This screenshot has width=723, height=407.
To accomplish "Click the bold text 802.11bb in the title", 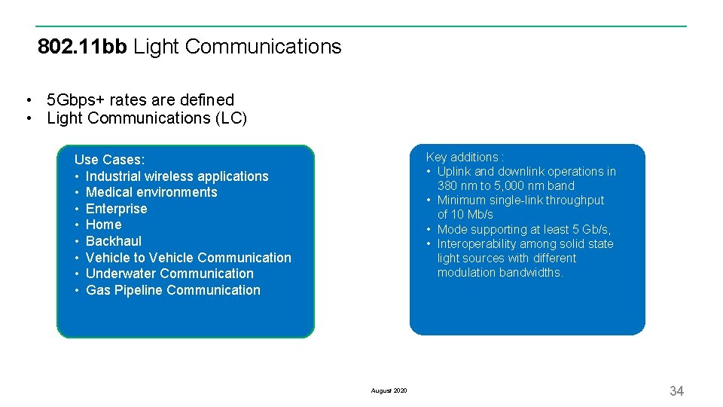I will tap(82, 47).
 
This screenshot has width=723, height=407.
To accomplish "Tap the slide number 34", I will tap(676, 390).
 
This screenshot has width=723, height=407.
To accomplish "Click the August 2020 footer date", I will tap(389, 390).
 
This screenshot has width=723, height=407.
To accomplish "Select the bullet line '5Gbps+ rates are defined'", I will tap(140, 99).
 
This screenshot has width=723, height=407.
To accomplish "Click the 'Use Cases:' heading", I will tap(109, 160).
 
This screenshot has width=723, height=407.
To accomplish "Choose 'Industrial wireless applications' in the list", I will tap(177, 176).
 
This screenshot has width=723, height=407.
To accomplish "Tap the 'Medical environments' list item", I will tap(151, 192).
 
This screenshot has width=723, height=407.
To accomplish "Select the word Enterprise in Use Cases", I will tap(117, 209).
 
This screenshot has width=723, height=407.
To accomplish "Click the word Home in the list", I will tap(103, 225).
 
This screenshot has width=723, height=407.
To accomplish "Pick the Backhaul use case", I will tap(114, 241).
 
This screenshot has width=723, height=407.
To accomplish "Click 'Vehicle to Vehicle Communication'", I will tap(188, 258).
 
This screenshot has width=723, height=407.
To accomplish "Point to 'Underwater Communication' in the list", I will tap(169, 274).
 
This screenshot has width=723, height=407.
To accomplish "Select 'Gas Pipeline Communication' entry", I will tap(173, 290).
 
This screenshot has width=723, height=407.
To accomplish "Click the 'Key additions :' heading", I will tap(465, 157).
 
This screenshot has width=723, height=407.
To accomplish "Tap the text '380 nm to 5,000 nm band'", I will tap(505, 185).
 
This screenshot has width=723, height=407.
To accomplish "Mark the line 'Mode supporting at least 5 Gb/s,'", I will tap(524, 229).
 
